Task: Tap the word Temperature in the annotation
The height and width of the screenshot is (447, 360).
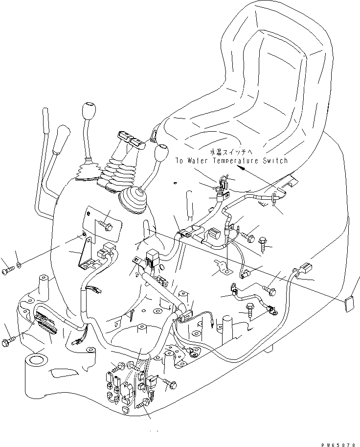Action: point(238,161)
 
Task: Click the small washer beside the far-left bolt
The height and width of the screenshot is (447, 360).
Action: point(18,265)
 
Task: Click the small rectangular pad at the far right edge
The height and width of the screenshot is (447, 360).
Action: point(350,304)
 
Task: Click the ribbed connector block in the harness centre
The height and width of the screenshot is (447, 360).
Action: point(213,235)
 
